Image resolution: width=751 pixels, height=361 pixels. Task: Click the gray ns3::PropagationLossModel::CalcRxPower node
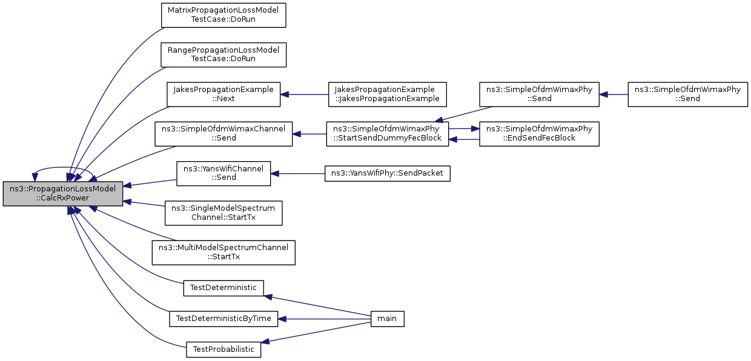[x=63, y=194]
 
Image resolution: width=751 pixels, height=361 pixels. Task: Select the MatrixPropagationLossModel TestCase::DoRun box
[x=223, y=15]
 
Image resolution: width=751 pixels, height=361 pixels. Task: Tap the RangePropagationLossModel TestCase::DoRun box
[x=223, y=55]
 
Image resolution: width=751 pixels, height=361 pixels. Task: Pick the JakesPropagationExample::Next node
[x=223, y=94]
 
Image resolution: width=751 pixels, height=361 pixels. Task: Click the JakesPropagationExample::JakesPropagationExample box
[x=387, y=94]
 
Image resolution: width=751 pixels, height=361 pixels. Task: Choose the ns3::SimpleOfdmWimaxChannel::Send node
[x=223, y=134]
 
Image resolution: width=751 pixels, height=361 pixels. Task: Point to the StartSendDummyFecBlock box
[x=387, y=134]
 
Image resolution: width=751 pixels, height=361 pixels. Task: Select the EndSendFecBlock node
[x=539, y=134]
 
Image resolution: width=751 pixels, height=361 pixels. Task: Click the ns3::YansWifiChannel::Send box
[x=223, y=174]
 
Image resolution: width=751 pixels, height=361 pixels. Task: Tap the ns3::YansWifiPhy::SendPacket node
[x=387, y=174]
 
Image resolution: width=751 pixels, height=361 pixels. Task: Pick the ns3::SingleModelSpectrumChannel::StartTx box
[x=223, y=213]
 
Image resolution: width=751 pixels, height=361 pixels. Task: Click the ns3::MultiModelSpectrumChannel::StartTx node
[x=223, y=253]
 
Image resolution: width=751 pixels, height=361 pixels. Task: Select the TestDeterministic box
[x=223, y=288]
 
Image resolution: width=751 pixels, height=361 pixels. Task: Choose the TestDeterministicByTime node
[x=223, y=319]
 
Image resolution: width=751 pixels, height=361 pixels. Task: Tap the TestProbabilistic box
[x=223, y=349]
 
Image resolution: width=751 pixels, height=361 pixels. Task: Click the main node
[x=387, y=319]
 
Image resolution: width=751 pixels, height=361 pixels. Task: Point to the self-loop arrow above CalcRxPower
[x=63, y=167]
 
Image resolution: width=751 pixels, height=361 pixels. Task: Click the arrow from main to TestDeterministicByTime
[x=324, y=319]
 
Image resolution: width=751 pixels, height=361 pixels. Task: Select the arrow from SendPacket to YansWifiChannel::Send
[x=298, y=174]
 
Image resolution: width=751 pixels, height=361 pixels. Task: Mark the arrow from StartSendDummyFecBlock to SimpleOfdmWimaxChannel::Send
[x=309, y=134]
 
